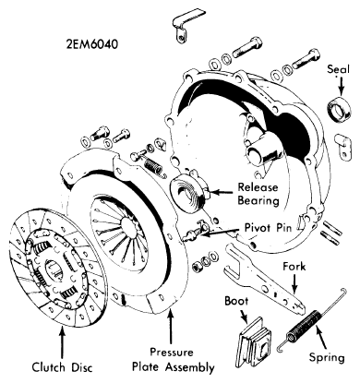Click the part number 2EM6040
(x=91, y=44)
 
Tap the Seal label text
(x=338, y=69)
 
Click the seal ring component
(x=339, y=109)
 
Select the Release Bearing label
(x=258, y=194)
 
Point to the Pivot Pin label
(x=268, y=228)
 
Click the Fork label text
(x=294, y=267)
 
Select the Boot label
(x=236, y=301)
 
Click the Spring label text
(x=327, y=358)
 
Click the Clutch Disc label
(x=62, y=367)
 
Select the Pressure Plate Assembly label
(x=174, y=360)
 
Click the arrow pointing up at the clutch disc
(x=63, y=342)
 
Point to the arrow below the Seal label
(x=342, y=85)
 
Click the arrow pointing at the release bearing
(x=221, y=193)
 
